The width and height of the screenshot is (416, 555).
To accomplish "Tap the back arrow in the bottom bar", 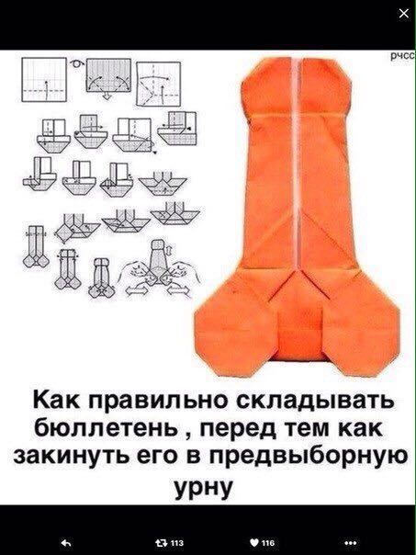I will (62, 542).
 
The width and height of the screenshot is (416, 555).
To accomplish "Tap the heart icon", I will (253, 542).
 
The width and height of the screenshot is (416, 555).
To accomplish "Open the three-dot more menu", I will (352, 542).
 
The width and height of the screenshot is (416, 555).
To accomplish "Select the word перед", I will (235, 429).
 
